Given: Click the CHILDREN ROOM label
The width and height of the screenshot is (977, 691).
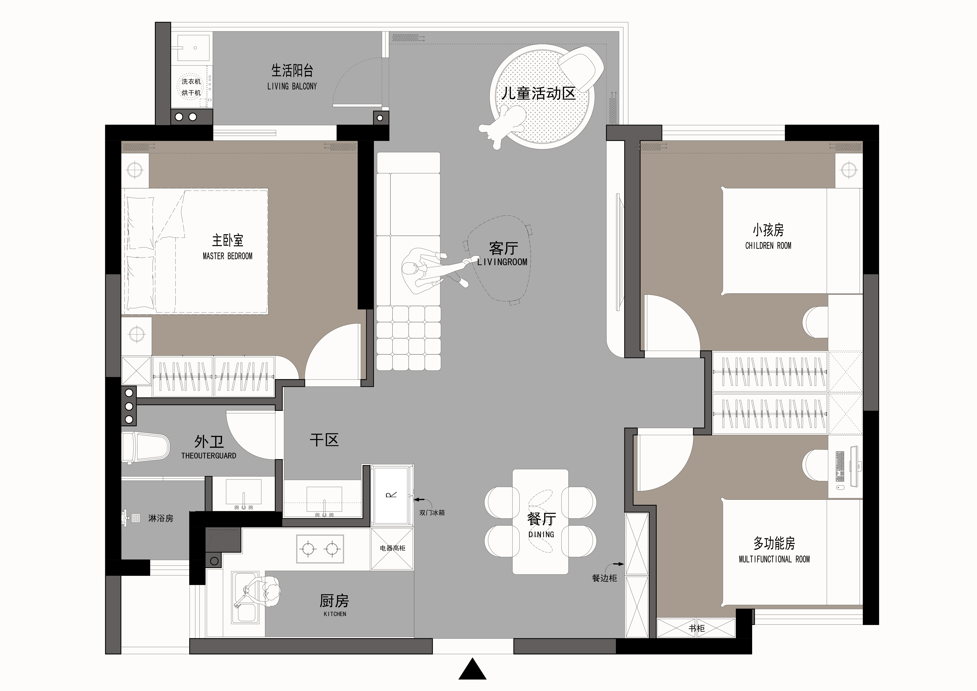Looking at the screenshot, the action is click(768, 246).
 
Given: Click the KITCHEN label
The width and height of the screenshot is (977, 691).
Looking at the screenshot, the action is click(335, 614).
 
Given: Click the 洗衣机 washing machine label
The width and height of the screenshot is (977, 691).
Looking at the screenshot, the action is click(191, 81).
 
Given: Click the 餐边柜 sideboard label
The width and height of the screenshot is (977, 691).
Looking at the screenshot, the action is click(604, 578).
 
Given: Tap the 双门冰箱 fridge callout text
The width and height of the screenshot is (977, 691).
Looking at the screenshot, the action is click(432, 513).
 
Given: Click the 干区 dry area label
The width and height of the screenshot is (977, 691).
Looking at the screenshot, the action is click(324, 440).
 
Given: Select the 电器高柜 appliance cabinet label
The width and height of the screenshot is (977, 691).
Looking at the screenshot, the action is click(392, 548).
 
